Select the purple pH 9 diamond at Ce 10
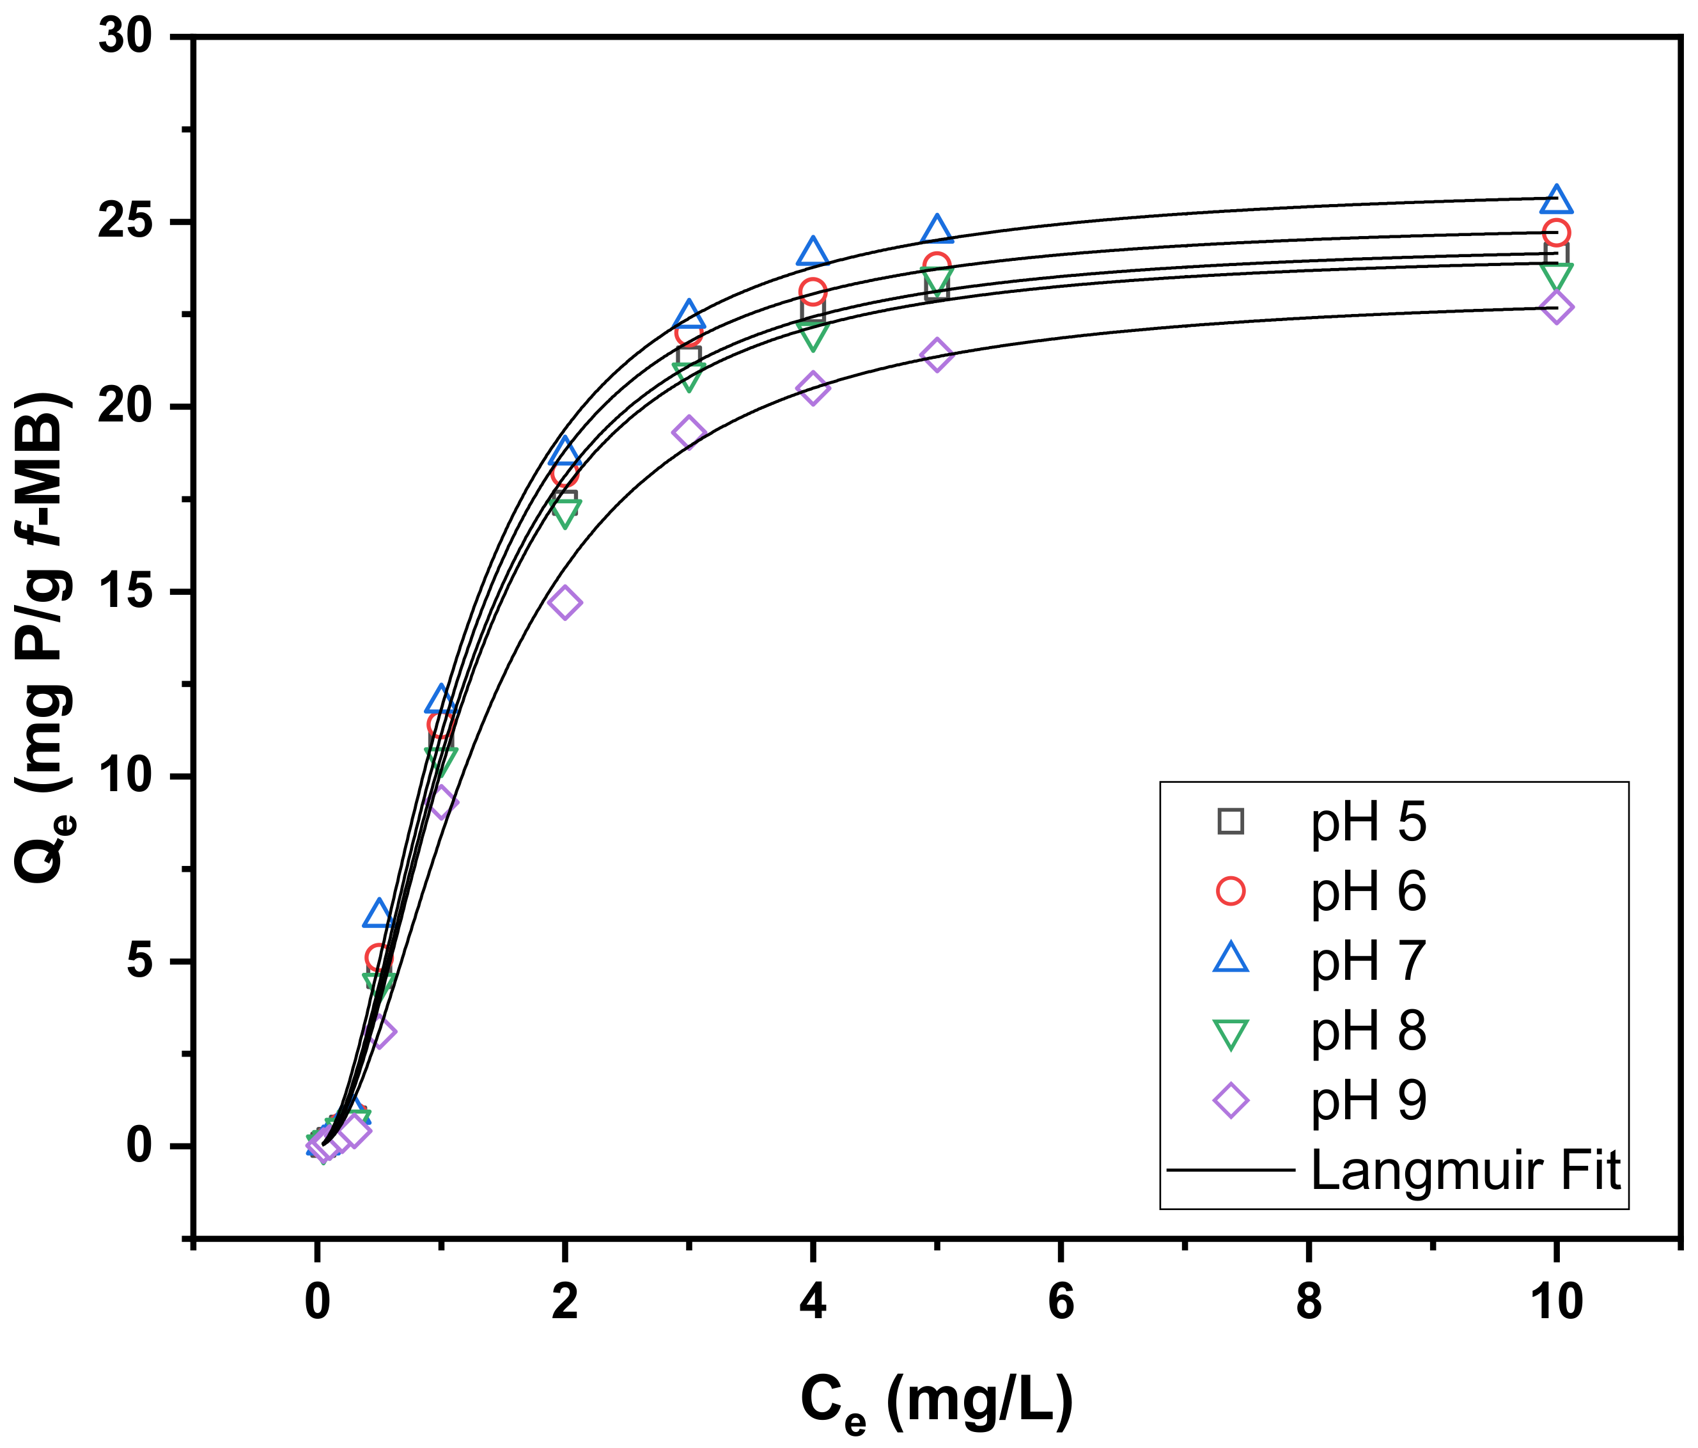[1555, 308]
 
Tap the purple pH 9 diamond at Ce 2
[565, 602]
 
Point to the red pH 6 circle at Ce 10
[1555, 233]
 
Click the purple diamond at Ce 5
[937, 354]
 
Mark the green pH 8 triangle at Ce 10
[1555, 274]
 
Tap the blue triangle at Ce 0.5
[378, 913]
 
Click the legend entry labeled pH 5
[1367, 822]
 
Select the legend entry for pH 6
[1367, 892]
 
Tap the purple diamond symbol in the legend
[1230, 1100]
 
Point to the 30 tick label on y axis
[125, 37]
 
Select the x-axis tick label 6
[1061, 1302]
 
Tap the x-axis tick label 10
[1555, 1302]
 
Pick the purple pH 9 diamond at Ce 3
[689, 432]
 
